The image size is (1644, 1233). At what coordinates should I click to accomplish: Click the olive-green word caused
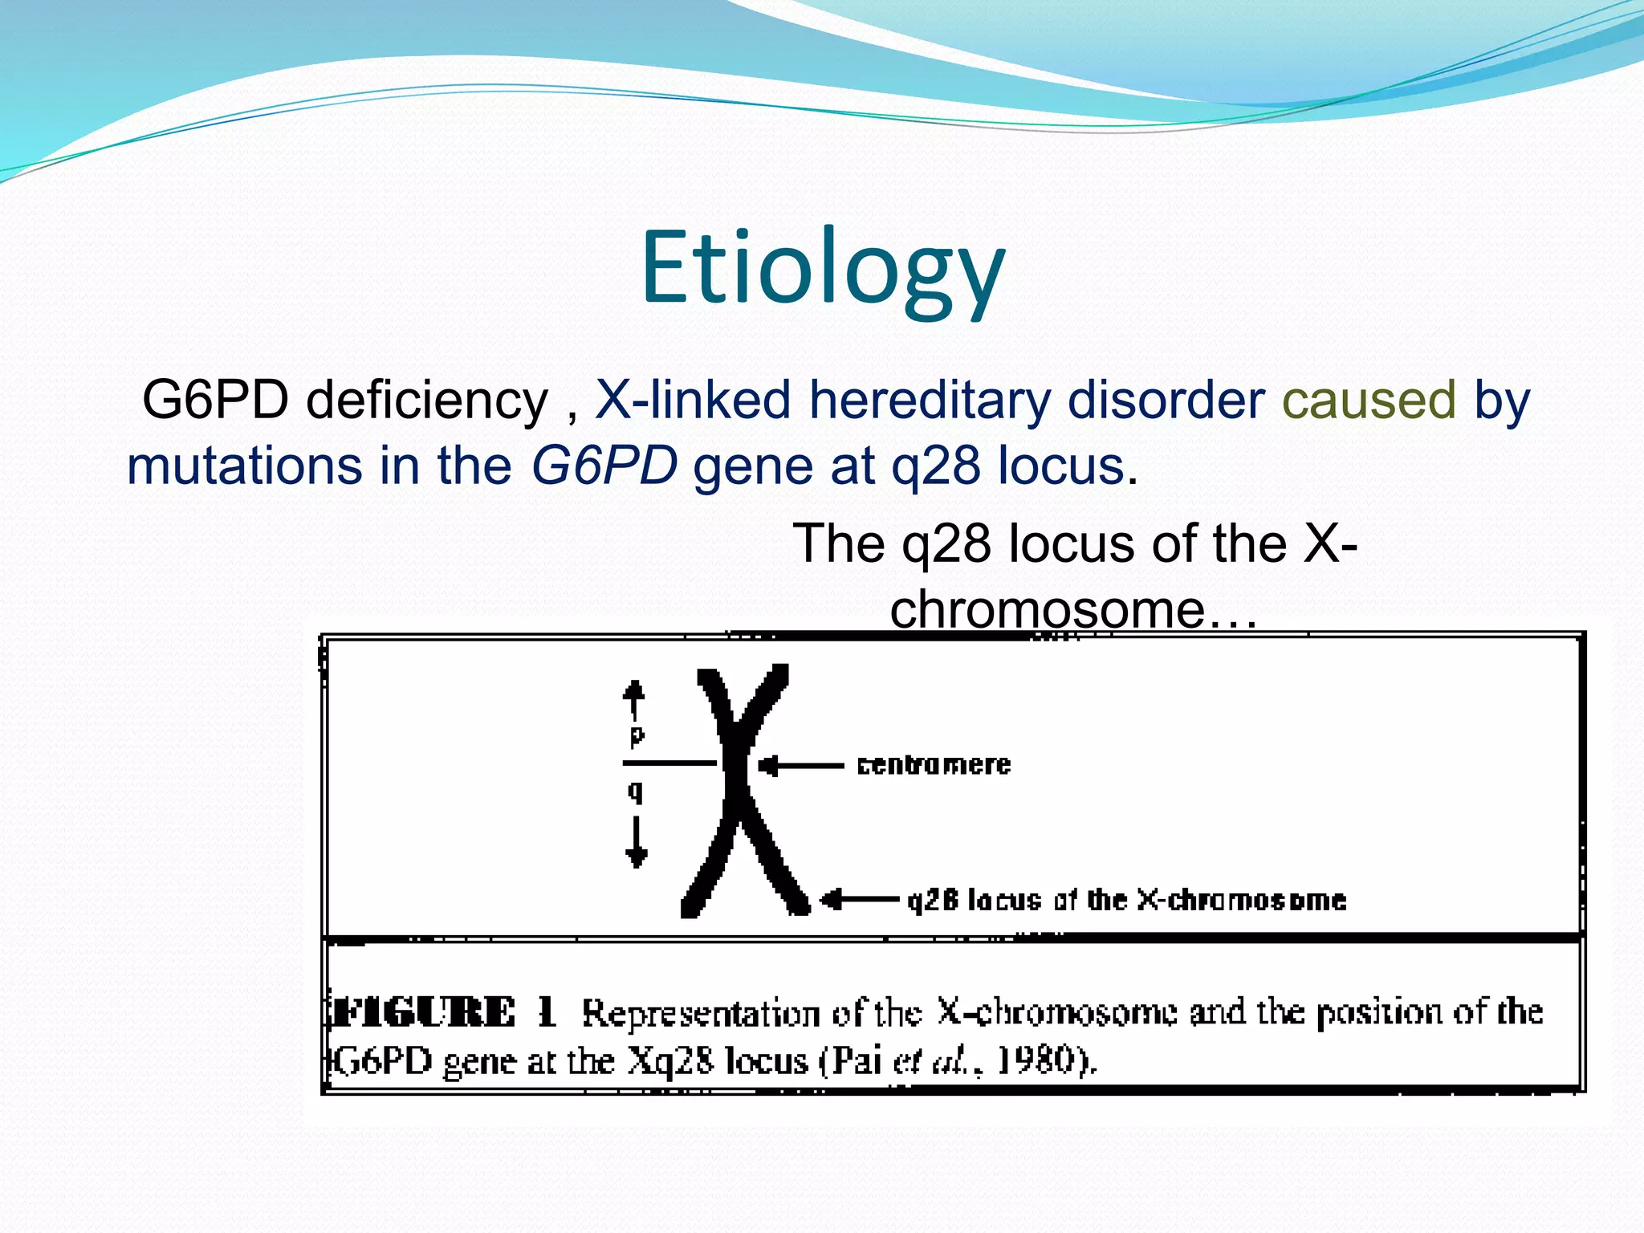point(1369,400)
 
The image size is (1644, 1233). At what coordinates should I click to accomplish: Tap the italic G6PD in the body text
point(604,466)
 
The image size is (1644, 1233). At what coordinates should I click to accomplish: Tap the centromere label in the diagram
point(934,765)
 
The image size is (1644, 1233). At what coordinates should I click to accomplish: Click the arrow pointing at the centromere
point(800,767)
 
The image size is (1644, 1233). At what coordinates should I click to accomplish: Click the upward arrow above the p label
point(634,698)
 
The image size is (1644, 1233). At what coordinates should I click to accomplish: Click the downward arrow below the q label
point(637,842)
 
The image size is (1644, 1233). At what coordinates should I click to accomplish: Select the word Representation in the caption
point(700,1015)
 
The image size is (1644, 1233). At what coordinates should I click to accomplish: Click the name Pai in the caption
point(856,1061)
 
